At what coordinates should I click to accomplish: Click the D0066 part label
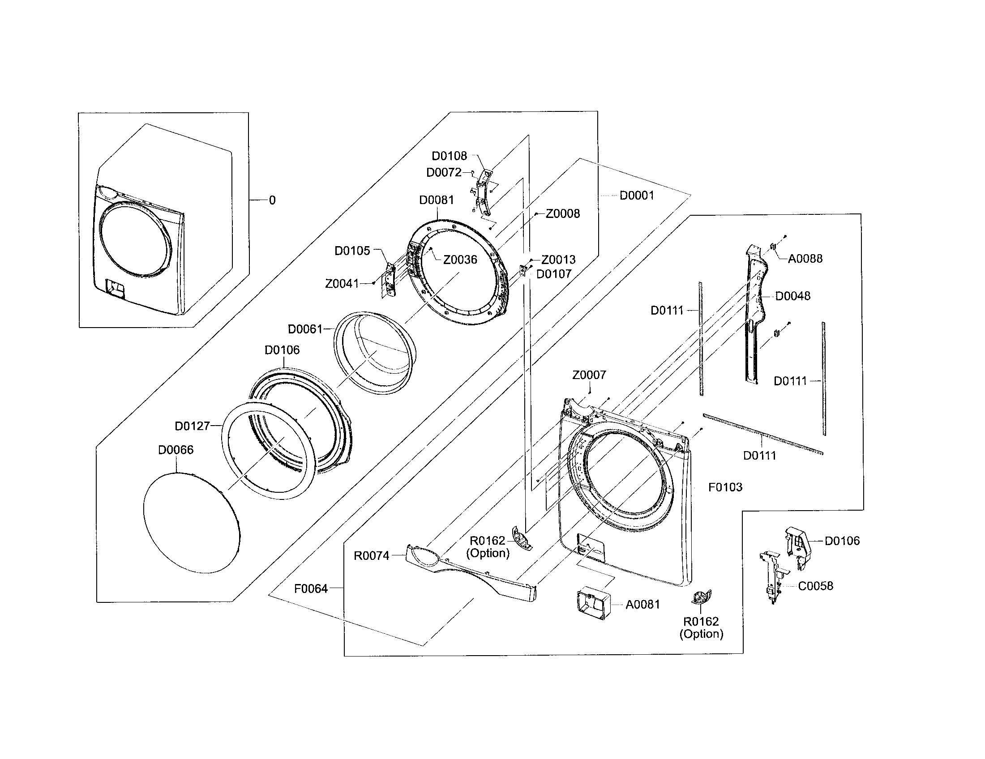pos(176,450)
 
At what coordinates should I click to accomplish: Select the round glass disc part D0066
pos(192,523)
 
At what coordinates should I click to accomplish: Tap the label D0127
pos(192,426)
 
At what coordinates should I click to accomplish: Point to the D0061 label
pos(305,329)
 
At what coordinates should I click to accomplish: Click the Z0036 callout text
pos(460,260)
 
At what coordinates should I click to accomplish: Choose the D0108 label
pos(449,156)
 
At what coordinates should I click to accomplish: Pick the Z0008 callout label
pos(562,213)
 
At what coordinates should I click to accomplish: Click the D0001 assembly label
pos(636,196)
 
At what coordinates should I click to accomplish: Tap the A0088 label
pos(805,259)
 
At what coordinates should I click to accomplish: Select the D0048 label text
pos(792,296)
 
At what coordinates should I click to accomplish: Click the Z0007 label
pos(589,375)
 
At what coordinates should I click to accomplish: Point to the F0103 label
pos(725,487)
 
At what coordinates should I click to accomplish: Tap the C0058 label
pos(815,586)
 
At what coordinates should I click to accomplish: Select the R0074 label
pos(371,556)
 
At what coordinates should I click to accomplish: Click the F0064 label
pos(311,588)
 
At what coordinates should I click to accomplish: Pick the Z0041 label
pos(342,283)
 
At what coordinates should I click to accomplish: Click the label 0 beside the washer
pos(272,200)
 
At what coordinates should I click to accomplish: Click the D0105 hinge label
pos(352,251)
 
